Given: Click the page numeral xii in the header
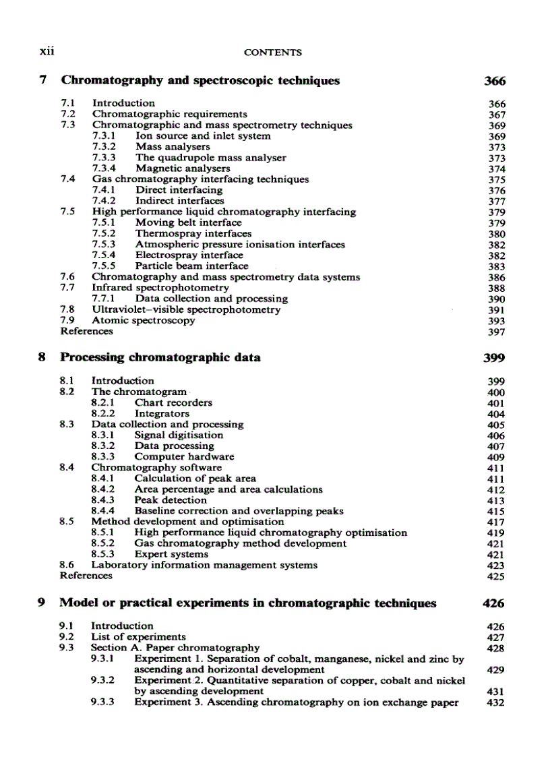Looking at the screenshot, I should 47,51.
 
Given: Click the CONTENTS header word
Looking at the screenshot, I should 272,52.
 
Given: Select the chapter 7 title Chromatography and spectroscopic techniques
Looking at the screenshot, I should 200,81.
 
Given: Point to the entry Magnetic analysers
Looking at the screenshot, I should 183,169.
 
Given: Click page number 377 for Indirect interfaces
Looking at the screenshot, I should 496,201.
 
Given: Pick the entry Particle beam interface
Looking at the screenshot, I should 191,266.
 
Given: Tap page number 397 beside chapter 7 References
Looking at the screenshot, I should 496,332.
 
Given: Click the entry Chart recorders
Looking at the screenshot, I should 173,402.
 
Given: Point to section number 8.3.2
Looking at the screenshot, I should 103,446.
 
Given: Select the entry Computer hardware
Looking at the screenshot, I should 179,456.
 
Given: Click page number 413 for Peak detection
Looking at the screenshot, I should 496,500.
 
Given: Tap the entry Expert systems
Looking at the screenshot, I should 171,554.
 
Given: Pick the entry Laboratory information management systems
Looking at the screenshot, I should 204,565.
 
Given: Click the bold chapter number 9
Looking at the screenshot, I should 42,603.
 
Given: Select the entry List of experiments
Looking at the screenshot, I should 138,636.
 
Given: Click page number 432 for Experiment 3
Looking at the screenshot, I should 496,702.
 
